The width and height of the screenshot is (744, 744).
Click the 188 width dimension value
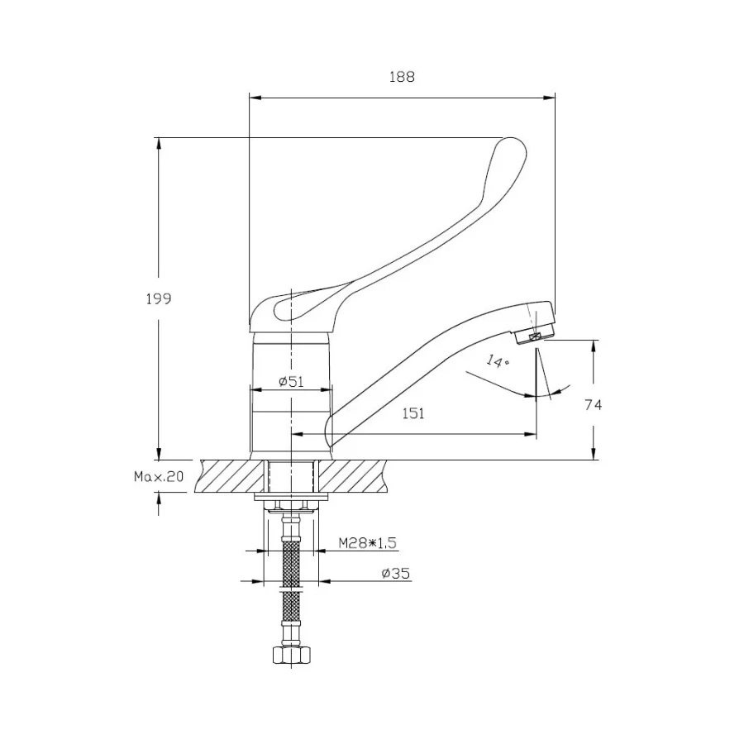pos(401,77)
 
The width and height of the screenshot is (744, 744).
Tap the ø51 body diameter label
pos(293,381)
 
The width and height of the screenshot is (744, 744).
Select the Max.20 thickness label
pos(158,477)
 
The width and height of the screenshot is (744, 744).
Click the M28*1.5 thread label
pos(367,542)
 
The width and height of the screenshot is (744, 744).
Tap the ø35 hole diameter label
pos(396,572)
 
